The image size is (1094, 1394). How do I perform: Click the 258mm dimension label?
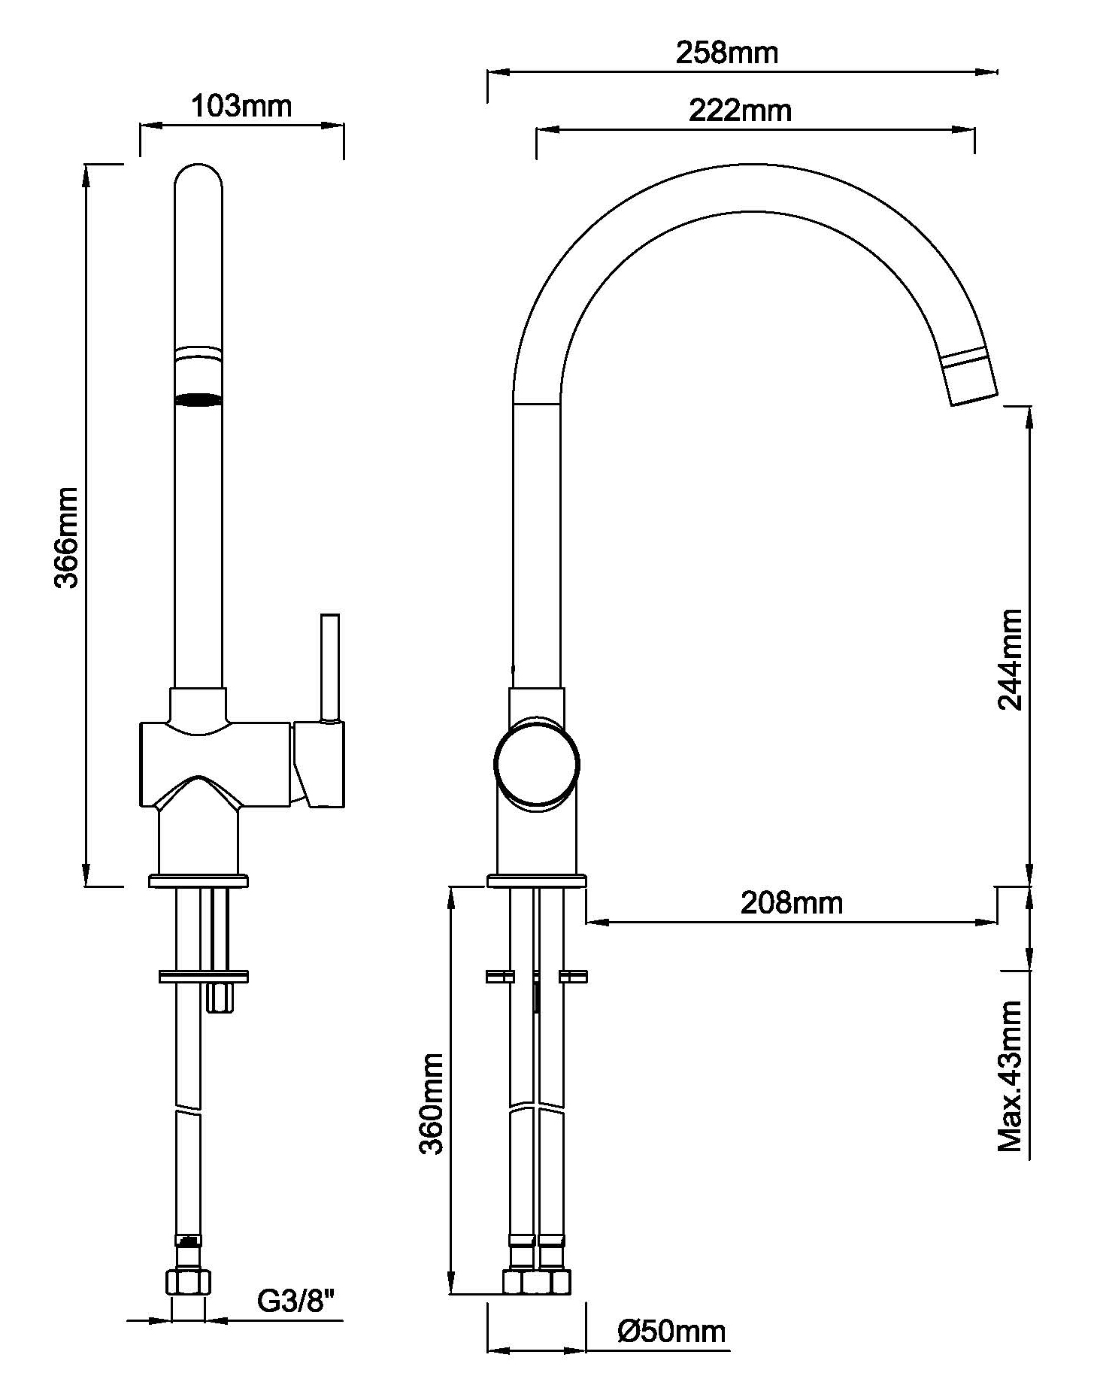pyautogui.click(x=726, y=53)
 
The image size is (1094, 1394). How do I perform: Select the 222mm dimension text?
pyautogui.click(x=740, y=111)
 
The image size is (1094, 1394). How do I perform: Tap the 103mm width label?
pyautogui.click(x=241, y=107)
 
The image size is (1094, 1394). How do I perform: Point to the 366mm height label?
pyautogui.click(x=67, y=537)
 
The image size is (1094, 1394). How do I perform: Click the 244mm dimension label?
pyautogui.click(x=1010, y=659)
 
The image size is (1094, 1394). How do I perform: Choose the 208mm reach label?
pyautogui.click(x=792, y=902)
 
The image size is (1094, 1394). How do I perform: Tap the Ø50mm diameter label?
pyautogui.click(x=671, y=1332)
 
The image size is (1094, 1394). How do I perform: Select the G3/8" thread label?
pyautogui.click(x=295, y=1302)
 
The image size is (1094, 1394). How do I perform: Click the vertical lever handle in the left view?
pyautogui.click(x=329, y=666)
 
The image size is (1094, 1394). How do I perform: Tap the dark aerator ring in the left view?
pyautogui.click(x=198, y=400)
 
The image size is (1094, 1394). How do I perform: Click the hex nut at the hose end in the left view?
pyautogui.click(x=188, y=1283)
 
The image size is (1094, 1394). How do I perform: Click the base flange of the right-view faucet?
pyautogui.click(x=536, y=881)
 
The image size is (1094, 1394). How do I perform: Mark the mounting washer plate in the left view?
pyautogui.click(x=203, y=977)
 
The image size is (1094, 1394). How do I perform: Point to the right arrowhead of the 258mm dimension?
pyautogui.click(x=992, y=73)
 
